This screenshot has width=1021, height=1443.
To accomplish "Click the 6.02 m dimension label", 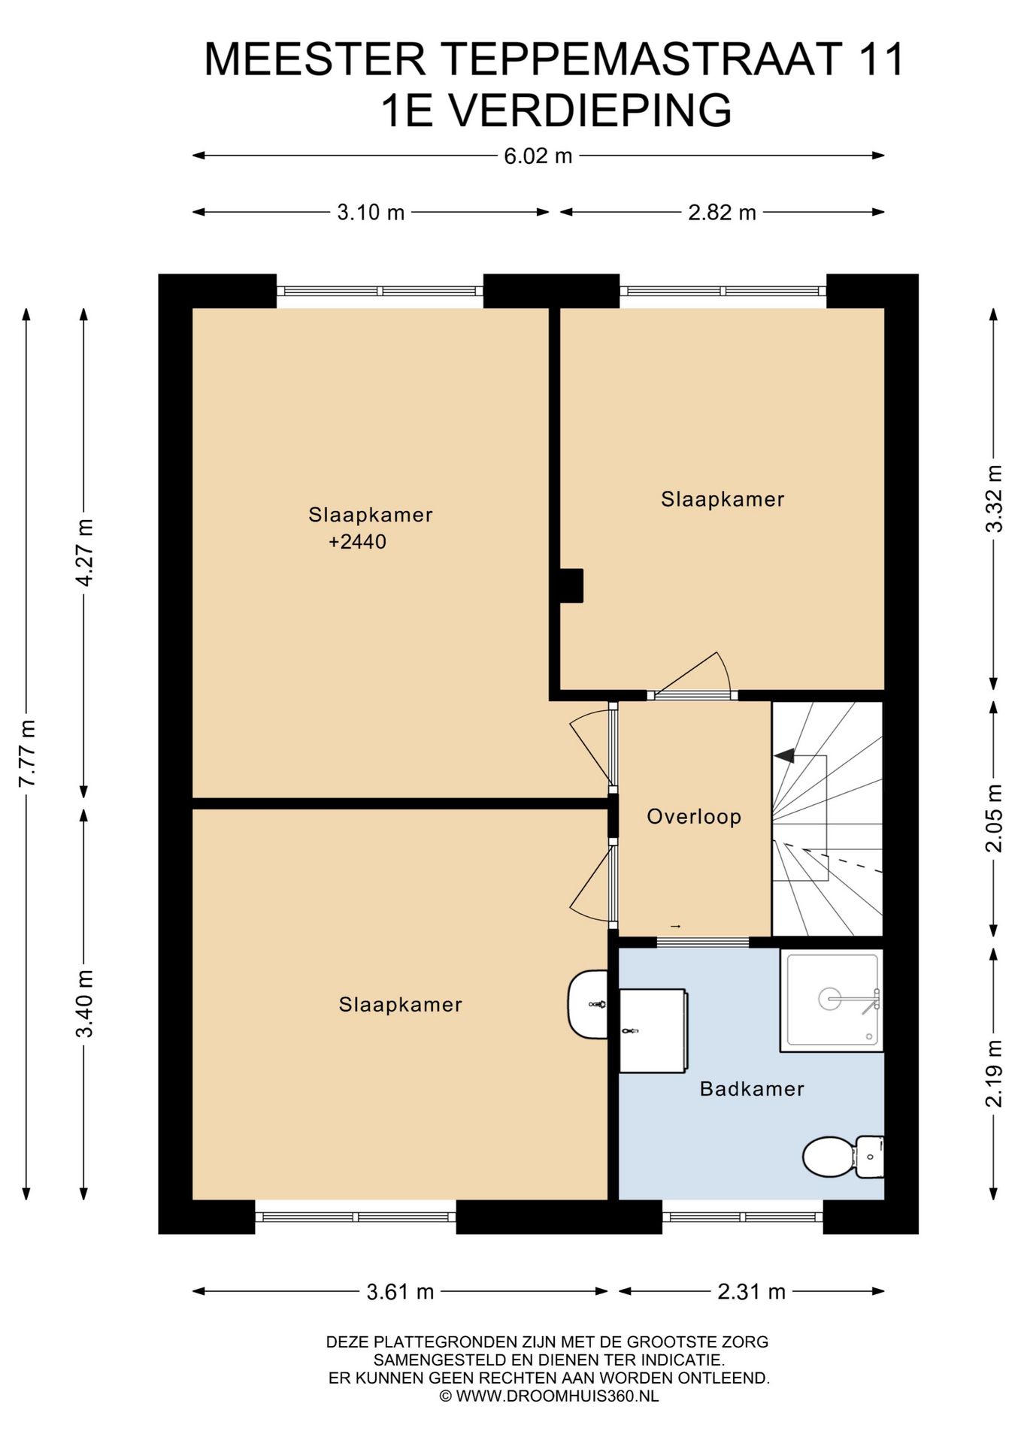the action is tap(538, 156).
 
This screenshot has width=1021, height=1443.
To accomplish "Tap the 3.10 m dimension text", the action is tap(371, 213).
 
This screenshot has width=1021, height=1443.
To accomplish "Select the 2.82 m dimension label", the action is tap(722, 213).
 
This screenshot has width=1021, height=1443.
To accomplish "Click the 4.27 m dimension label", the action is tap(84, 552).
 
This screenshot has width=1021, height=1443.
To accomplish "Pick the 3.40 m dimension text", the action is tap(84, 1003).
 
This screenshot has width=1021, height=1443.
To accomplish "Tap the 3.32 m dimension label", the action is tap(994, 498).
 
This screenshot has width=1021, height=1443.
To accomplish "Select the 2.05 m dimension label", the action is tap(994, 818).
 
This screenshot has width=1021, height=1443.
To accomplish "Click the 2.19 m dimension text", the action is tap(994, 1072).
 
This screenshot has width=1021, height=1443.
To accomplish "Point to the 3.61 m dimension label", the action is tap(400, 1292).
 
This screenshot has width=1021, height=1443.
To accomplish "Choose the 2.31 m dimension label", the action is tap(751, 1292).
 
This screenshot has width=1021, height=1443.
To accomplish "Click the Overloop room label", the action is tap(694, 817).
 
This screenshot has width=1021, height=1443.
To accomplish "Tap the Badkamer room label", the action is tap(752, 1089).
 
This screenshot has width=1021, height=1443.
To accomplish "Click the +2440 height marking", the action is tap(357, 542).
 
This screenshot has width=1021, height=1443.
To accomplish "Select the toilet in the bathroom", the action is tap(843, 1157).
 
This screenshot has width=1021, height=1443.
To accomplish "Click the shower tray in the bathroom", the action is tap(831, 1000).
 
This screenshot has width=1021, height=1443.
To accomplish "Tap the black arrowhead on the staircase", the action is tap(784, 755).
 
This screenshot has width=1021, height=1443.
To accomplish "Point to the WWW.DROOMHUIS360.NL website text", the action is tap(557, 1396).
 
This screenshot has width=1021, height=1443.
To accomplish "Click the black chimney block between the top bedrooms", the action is tap(571, 585).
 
